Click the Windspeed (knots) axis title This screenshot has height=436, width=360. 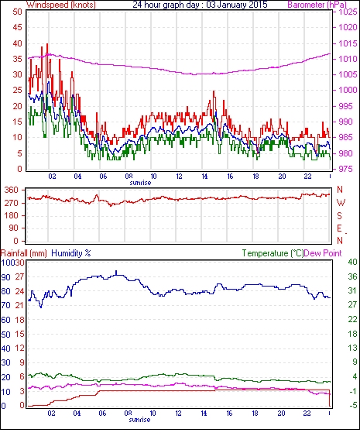point(61,5)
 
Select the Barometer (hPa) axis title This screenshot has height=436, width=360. point(317,5)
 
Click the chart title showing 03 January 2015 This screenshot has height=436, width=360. point(200,5)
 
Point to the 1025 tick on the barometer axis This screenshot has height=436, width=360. point(348,12)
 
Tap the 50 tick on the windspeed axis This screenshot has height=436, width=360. point(17,12)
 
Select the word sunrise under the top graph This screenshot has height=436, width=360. point(140,183)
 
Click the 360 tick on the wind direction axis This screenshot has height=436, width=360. point(12,191)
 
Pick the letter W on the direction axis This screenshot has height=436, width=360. point(341,203)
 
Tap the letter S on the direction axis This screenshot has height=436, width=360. point(339,216)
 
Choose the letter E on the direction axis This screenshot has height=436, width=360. point(339,228)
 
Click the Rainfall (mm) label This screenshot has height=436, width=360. point(24,253)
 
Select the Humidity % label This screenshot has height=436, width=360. point(71,253)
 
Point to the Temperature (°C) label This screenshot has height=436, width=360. point(273,253)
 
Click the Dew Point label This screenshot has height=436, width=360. point(323,253)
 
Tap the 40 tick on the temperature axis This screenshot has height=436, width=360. point(352,263)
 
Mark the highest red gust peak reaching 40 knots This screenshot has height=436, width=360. point(47,44)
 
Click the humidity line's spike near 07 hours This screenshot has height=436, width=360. point(116,271)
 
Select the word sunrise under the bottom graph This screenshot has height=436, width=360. point(139,420)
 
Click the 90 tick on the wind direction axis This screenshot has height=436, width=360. point(14,228)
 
